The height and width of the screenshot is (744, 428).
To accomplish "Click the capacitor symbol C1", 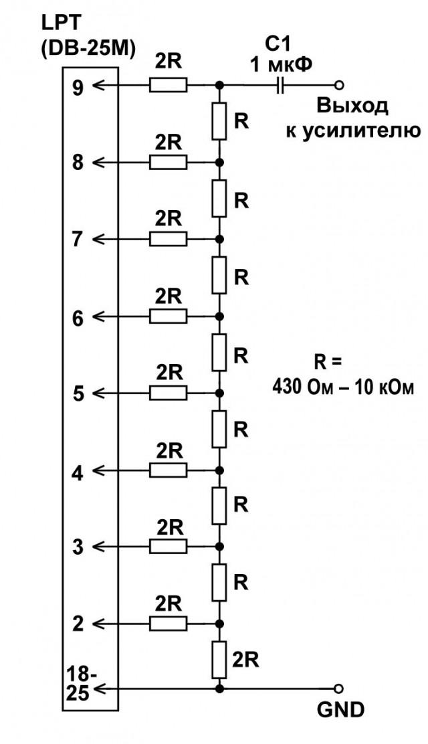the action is (280, 86).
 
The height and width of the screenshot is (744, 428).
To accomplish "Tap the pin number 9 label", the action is (78, 87).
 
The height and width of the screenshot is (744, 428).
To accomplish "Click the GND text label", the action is (340, 710).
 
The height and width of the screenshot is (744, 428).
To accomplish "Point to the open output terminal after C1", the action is (338, 86).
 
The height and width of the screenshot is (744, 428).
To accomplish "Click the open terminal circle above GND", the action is (338, 688).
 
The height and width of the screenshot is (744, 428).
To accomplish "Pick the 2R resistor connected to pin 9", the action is (169, 86).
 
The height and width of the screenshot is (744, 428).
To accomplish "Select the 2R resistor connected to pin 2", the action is (169, 623).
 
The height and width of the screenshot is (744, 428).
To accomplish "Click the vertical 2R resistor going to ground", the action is (219, 660).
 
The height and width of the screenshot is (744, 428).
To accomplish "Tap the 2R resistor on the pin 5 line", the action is (169, 393).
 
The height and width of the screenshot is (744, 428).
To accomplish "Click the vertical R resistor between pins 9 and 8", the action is (219, 122).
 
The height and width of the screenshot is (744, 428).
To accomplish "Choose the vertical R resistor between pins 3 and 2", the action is (219, 582).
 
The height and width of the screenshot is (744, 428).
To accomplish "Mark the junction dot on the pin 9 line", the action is (219, 86).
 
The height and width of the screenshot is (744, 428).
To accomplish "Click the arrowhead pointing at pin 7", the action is (97, 239).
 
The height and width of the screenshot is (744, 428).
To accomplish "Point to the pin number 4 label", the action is (78, 472).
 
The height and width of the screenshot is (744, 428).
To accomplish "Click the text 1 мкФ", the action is (282, 64).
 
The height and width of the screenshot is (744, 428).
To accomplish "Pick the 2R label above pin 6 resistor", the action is (169, 296).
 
